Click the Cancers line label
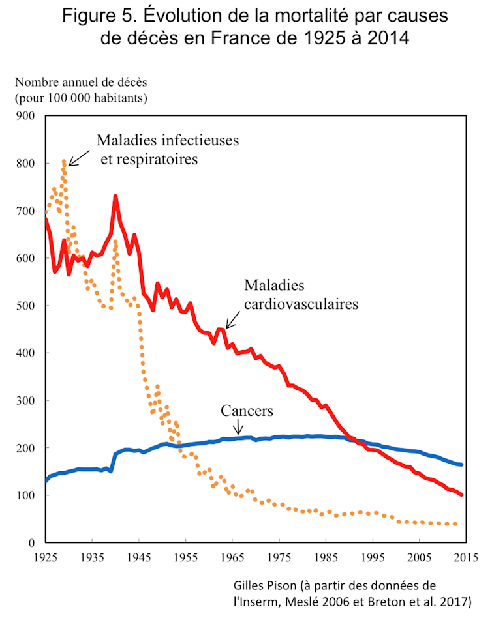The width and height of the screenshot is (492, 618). point(247,411)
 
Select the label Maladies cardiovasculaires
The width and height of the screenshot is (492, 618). point(301,294)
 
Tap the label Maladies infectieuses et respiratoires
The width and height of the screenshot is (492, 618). point(167,149)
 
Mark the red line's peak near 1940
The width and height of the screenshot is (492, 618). point(115,196)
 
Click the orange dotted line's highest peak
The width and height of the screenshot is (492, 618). point(64,161)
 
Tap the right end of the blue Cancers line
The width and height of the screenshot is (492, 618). point(462,465)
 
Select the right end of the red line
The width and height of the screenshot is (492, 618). point(462,495)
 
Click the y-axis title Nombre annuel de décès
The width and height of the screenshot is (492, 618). point(82,83)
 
